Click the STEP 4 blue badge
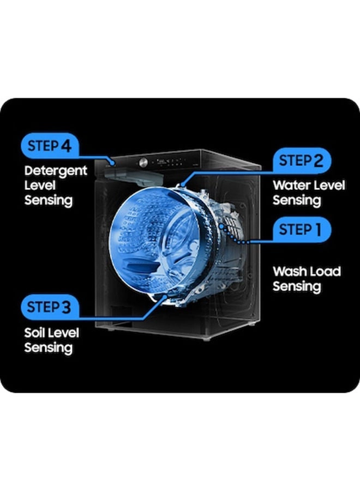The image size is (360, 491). tap(50, 146)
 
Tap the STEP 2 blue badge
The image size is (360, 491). tap(301, 160)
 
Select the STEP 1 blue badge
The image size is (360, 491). tap(301, 230)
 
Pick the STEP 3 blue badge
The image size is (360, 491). tap(50, 307)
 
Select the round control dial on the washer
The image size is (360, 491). tap(143, 162)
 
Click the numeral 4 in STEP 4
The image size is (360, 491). tap(66, 146)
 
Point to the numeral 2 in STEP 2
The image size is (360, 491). tap(318, 160)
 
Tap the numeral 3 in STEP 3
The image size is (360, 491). tap(66, 307)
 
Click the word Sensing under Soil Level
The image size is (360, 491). tap(49, 348)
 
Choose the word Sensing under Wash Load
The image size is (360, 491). tap(297, 286)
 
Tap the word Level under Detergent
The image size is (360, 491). tap(40, 185)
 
